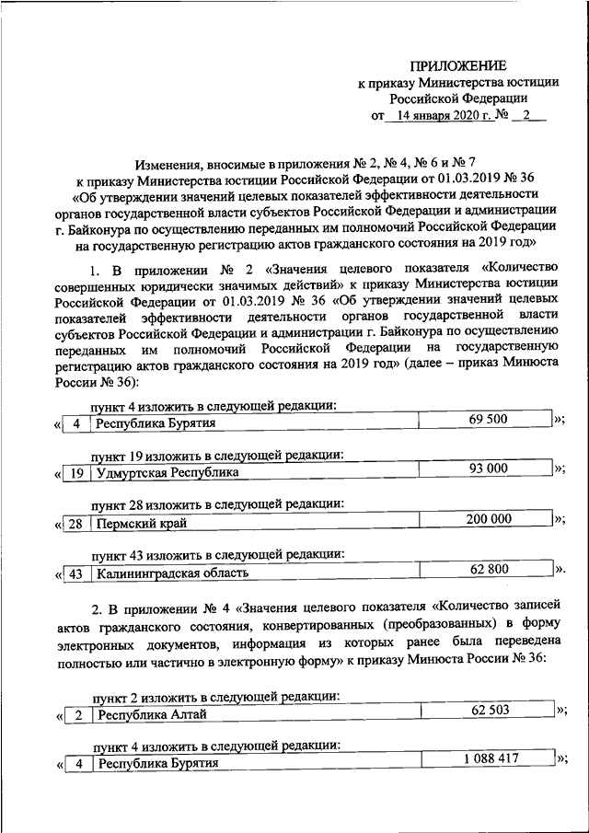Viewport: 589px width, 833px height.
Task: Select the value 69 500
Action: coord(488,419)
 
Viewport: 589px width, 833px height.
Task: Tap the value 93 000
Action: coord(488,469)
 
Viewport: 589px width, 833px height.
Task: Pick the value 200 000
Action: coord(488,520)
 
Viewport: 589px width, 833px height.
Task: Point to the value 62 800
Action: coord(488,571)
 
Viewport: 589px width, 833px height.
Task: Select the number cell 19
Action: coord(78,472)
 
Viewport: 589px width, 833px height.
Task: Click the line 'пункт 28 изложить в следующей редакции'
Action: coord(217,504)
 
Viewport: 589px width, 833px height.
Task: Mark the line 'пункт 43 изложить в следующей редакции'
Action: coord(217,555)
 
